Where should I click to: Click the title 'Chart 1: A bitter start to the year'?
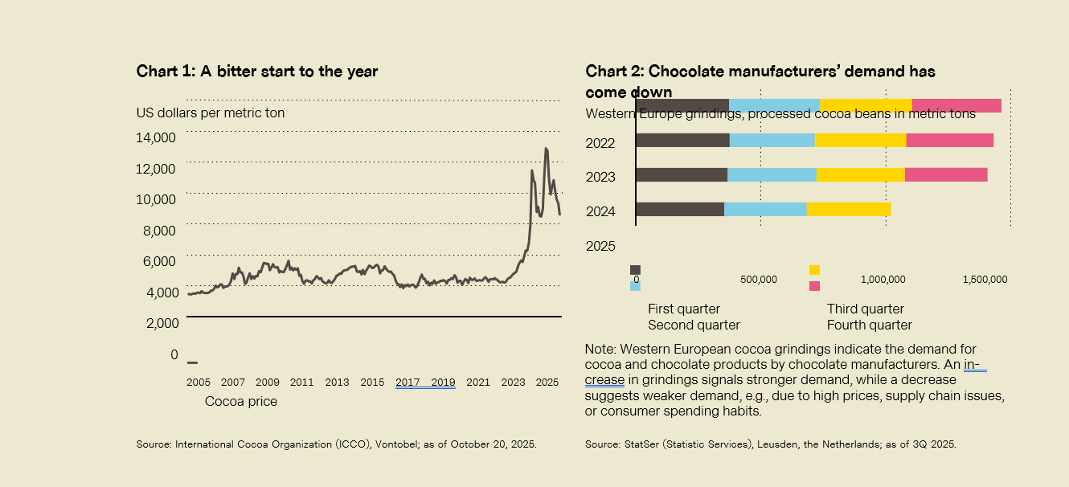tap(257, 72)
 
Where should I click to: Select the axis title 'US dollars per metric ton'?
tap(211, 113)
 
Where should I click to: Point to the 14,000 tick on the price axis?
tap(157, 137)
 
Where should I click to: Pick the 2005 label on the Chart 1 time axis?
tap(198, 382)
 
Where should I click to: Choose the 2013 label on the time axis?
tap(338, 382)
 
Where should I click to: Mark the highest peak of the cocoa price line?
tap(547, 149)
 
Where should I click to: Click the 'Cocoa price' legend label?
tap(241, 401)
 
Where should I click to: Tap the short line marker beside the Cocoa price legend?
tap(193, 362)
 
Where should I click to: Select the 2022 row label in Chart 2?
tap(600, 143)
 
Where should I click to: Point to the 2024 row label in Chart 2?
tap(600, 211)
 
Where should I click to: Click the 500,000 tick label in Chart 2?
tap(758, 280)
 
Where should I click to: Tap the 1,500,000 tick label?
tap(985, 280)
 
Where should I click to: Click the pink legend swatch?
tap(814, 286)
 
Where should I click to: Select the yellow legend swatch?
tap(814, 270)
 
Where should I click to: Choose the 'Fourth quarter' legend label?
tap(870, 325)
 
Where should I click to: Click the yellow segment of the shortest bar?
tap(849, 209)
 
